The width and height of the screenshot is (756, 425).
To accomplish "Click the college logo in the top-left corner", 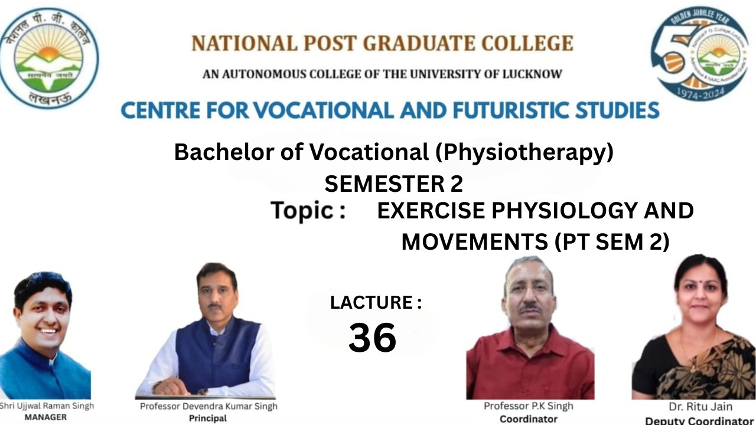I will (49, 58).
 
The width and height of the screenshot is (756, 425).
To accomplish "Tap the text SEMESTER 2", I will (393, 185).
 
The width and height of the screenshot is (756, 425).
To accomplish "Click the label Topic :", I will (308, 211).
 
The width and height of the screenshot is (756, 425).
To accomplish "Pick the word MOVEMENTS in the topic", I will (470, 242).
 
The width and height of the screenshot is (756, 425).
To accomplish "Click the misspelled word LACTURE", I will (371, 303).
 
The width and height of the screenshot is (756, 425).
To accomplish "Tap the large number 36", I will (372, 338).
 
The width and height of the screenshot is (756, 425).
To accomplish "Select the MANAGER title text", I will (46, 417).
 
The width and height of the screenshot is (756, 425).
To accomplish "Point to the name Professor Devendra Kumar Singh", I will (208, 406).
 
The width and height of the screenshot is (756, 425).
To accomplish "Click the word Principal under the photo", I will (208, 419).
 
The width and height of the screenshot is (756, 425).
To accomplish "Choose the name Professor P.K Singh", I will (529, 406).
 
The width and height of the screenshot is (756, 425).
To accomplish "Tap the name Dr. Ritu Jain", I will (700, 407).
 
